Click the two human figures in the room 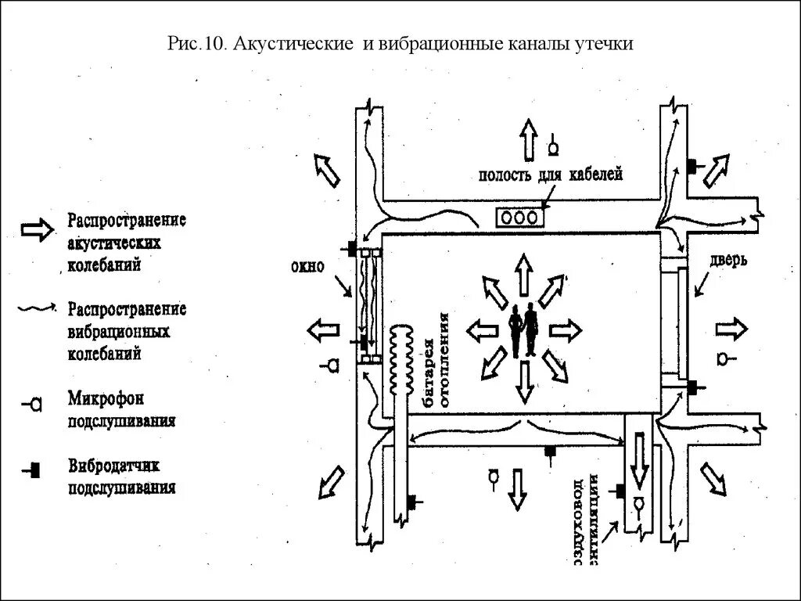(x=522, y=329)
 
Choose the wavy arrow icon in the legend (x=36, y=308)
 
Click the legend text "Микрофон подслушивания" (x=120, y=408)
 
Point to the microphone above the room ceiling (x=554, y=144)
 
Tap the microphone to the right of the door (x=725, y=359)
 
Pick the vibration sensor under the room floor (x=551, y=452)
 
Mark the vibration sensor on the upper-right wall (x=695, y=167)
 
